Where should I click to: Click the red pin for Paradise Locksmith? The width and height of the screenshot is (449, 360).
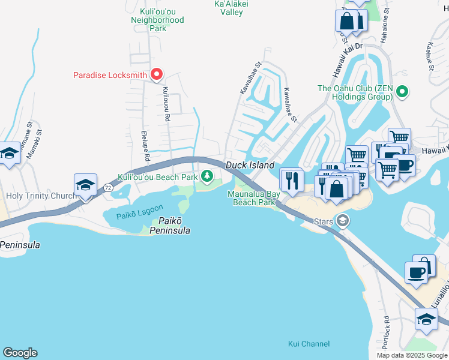click(x=157, y=75)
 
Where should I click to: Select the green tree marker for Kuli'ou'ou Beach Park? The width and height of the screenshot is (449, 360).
click(x=207, y=176)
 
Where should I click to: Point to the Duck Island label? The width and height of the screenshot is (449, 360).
click(x=250, y=165)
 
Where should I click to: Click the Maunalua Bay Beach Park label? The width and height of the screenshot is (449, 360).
click(x=253, y=198)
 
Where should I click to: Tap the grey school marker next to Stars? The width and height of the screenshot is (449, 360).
click(x=343, y=221)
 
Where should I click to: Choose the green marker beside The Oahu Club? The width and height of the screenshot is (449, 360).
click(x=402, y=92)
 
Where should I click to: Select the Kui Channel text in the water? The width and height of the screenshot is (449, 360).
click(x=308, y=344)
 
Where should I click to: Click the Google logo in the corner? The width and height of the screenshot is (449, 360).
click(x=20, y=353)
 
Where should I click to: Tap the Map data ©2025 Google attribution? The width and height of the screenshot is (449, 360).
click(x=412, y=355)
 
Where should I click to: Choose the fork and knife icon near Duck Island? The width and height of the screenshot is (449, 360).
click(x=292, y=179)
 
